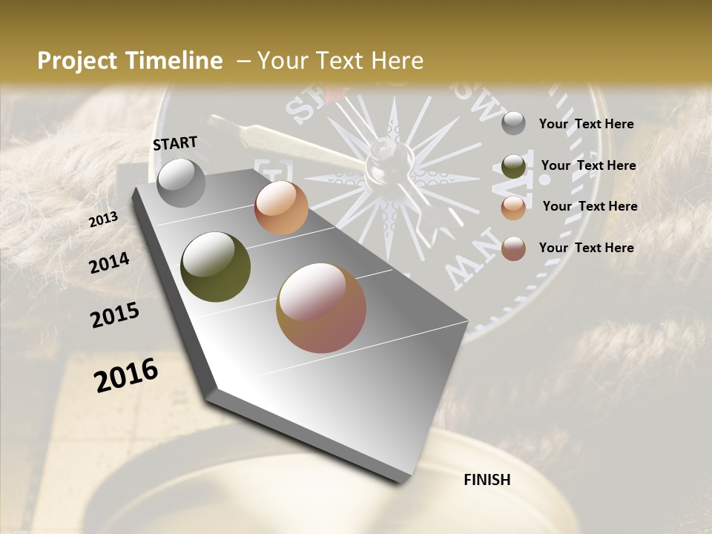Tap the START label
coord(175,143)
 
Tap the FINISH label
coord(487,480)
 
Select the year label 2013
coord(104,220)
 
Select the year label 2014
coord(109,263)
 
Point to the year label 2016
coord(126,375)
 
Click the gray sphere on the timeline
coord(182,183)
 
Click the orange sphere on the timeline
coord(281,208)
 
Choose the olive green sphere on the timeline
coord(216,267)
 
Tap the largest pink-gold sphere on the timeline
coord(321,308)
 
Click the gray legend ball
coord(513,124)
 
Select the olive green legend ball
coord(513,166)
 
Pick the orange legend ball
coord(513,208)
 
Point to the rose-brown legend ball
coord(513,249)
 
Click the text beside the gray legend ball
coord(586,124)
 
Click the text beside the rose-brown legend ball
coord(586,248)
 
